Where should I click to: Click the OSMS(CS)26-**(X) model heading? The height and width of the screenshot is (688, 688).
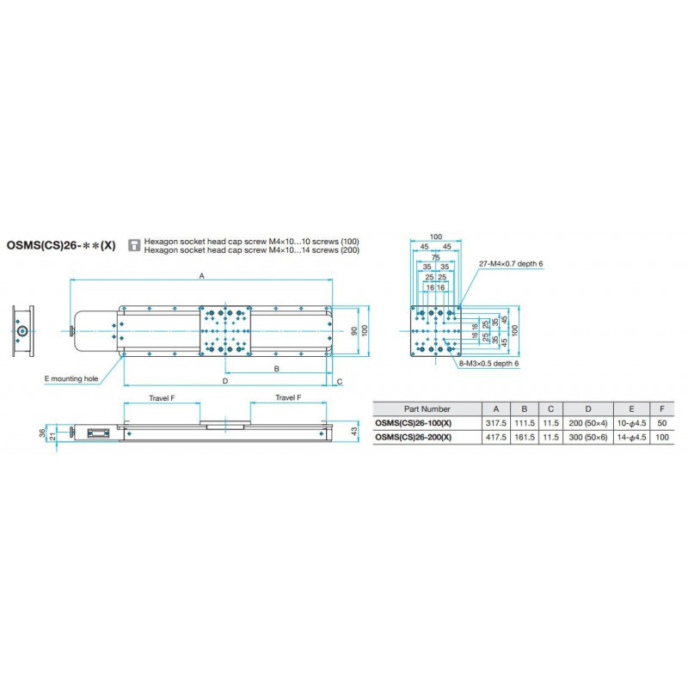click(x=60, y=245)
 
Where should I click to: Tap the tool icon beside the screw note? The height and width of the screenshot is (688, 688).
click(x=133, y=245)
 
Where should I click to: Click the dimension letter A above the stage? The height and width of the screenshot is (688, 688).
click(x=201, y=275)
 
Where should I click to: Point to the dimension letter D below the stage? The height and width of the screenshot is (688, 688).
click(x=225, y=379)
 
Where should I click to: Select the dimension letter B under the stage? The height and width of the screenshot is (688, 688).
click(x=276, y=368)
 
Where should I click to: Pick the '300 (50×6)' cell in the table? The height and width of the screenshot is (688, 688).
click(x=588, y=438)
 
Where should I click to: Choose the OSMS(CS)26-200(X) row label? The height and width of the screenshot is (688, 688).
click(x=415, y=438)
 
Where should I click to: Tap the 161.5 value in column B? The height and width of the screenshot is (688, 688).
click(x=525, y=438)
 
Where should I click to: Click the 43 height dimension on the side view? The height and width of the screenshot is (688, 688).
click(x=353, y=430)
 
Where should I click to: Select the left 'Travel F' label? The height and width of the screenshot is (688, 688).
click(x=161, y=397)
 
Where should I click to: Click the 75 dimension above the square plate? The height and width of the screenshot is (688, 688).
click(x=436, y=256)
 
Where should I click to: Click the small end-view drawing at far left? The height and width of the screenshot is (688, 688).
click(x=22, y=330)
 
